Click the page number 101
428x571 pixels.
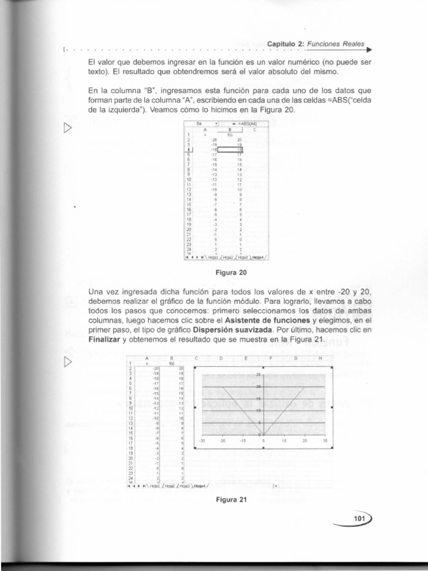(x=359, y=519)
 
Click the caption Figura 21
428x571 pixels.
(x=231, y=500)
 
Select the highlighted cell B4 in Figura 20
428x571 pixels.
(x=230, y=148)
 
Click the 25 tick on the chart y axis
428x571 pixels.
(x=258, y=375)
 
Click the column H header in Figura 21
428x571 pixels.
(x=320, y=359)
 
